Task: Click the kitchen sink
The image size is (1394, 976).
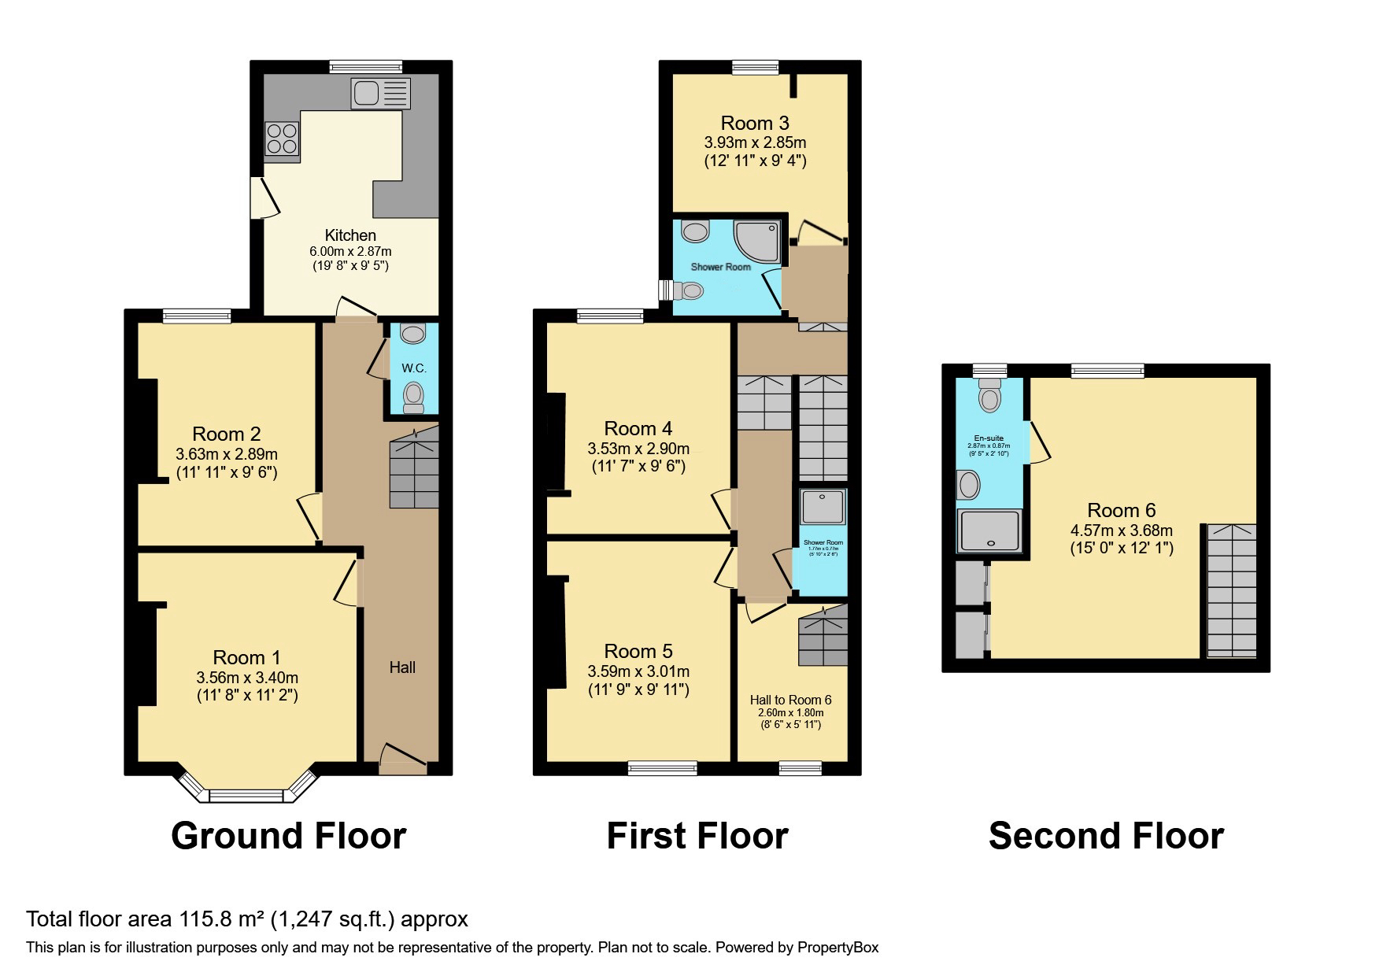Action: click(x=381, y=94)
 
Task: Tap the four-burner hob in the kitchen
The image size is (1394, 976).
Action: click(x=282, y=139)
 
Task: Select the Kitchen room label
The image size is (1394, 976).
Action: click(x=350, y=235)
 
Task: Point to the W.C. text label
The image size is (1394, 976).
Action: click(x=414, y=368)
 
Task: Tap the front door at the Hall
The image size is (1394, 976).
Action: click(x=403, y=758)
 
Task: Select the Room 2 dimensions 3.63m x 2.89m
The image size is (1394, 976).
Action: click(x=227, y=454)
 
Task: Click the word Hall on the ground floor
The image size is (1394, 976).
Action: click(x=402, y=667)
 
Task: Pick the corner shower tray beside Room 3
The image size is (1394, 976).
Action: click(x=756, y=241)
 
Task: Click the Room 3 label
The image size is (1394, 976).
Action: click(x=755, y=124)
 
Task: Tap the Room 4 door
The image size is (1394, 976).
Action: click(x=723, y=511)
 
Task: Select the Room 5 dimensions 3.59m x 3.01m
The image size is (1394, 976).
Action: click(x=638, y=671)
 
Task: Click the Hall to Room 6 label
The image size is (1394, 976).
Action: click(x=790, y=700)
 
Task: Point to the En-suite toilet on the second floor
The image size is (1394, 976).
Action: click(x=990, y=395)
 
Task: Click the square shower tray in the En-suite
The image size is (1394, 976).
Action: click(x=989, y=530)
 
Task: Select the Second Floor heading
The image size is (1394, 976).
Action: click(x=1106, y=836)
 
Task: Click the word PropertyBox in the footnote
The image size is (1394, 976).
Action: click(x=838, y=948)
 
